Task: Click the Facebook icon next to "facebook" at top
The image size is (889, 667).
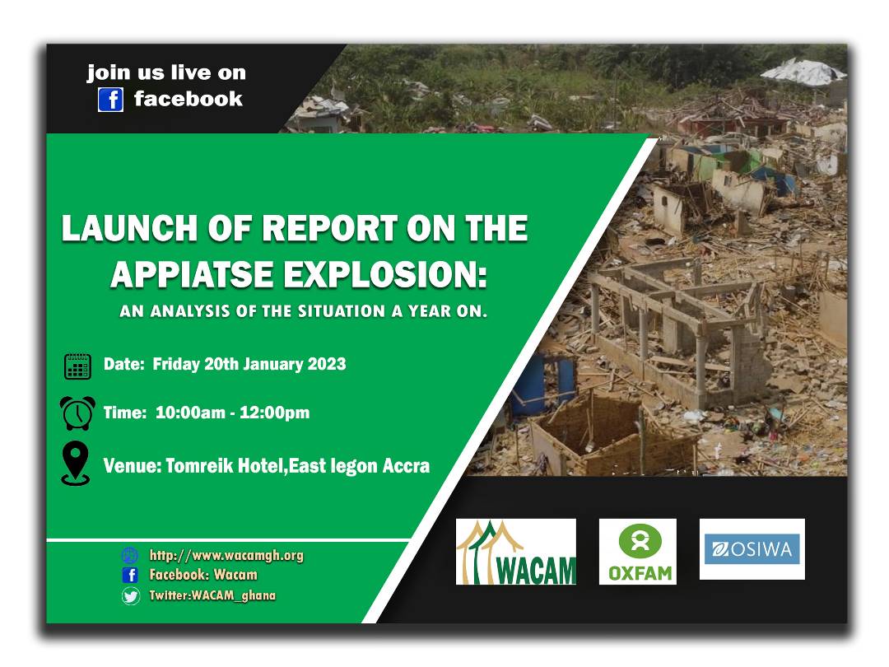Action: tap(110, 100)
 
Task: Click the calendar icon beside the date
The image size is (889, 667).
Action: tap(77, 366)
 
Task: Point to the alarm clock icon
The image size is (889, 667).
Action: tap(77, 413)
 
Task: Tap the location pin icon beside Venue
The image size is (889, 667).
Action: tap(76, 464)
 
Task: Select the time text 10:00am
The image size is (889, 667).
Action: tap(190, 413)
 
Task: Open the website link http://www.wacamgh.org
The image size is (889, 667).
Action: tap(226, 556)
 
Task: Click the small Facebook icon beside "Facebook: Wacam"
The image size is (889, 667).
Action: tap(130, 576)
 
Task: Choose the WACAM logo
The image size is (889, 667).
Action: tap(516, 552)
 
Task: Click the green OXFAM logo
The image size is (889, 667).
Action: tap(637, 552)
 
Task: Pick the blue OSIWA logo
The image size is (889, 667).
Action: tap(752, 549)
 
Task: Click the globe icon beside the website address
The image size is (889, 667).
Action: tap(130, 556)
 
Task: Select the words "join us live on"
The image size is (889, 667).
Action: tap(166, 72)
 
